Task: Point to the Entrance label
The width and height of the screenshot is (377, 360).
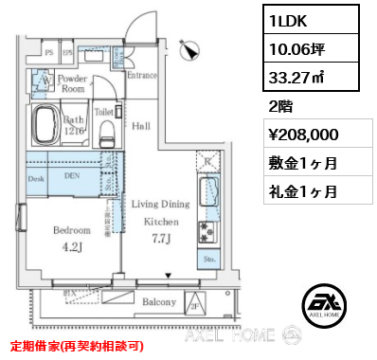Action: tap(142, 75)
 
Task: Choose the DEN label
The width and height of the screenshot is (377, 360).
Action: tap(72, 175)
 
